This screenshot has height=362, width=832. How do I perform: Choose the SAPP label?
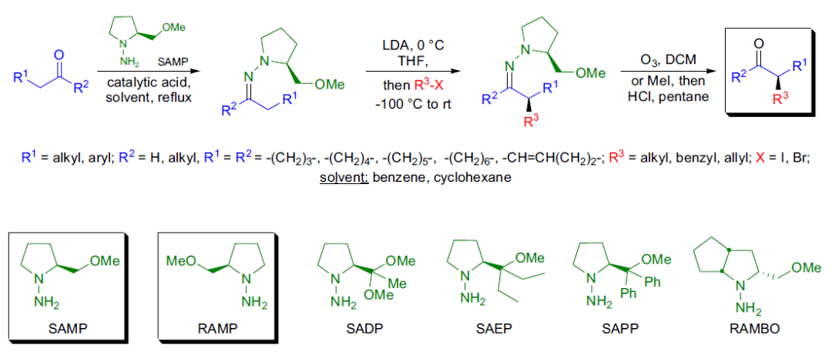(617, 329)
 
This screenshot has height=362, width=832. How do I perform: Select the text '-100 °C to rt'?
(408, 102)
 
